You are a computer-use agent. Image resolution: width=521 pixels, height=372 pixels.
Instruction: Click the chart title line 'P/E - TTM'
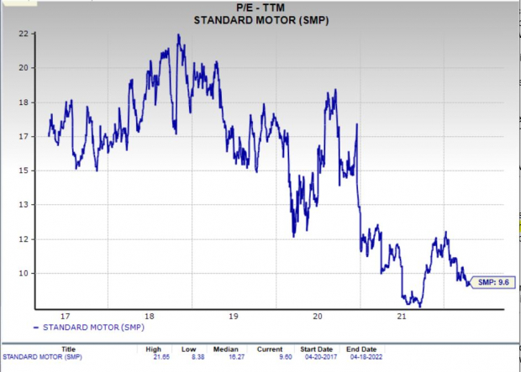[x=261, y=8]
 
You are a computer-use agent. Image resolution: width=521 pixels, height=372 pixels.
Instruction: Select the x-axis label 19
[x=233, y=317]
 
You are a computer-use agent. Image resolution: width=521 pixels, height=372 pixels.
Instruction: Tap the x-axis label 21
[x=402, y=317]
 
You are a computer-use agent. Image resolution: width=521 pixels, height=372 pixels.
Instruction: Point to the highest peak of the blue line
[x=178, y=35]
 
